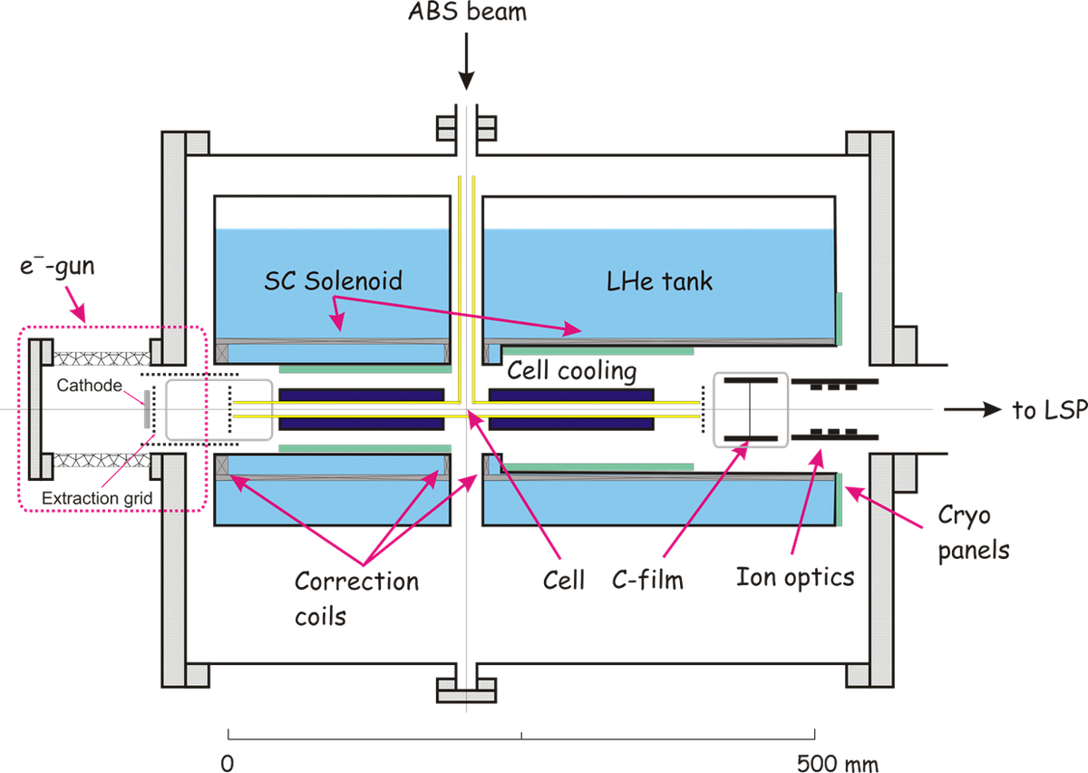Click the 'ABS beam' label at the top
click(467, 12)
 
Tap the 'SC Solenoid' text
click(333, 280)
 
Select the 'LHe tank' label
click(659, 281)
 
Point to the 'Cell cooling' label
click(571, 371)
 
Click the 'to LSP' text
click(1047, 410)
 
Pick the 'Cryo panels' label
click(967, 533)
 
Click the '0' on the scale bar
click(228, 762)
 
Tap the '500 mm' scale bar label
click(837, 762)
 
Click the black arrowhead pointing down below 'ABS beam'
click(466, 83)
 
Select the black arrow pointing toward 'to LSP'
click(970, 410)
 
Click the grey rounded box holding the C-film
click(752, 410)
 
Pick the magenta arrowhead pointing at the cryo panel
click(850, 491)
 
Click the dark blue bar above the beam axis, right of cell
click(571, 396)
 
